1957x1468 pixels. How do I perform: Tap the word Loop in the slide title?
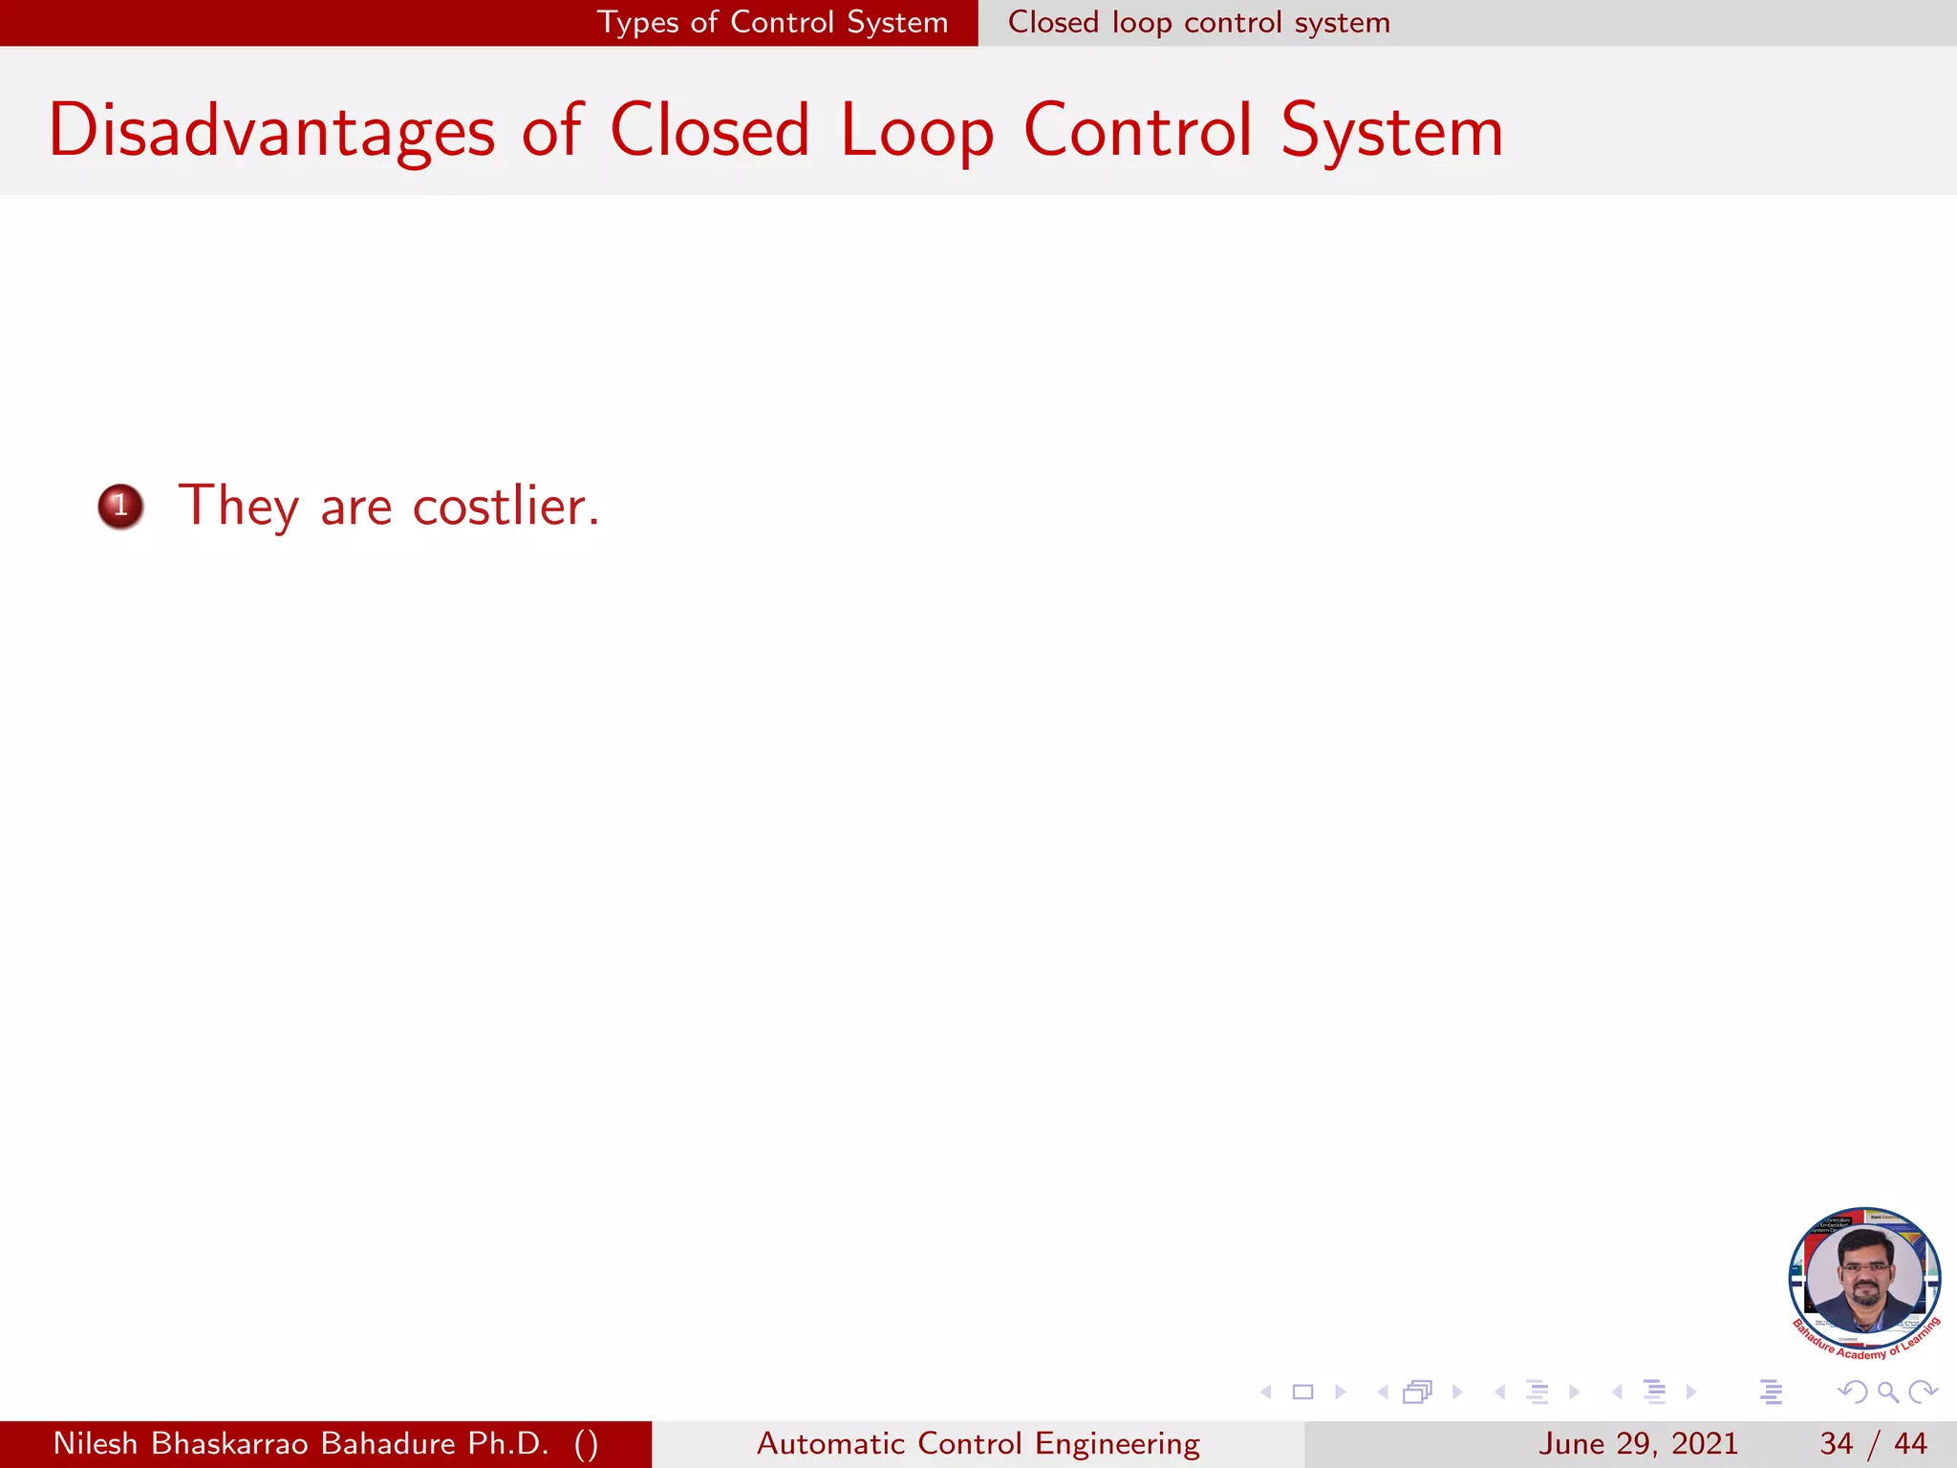[x=917, y=131]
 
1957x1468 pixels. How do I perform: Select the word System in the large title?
[x=1392, y=131]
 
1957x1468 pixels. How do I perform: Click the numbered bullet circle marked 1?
[x=120, y=506]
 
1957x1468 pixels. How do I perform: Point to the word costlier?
[x=505, y=506]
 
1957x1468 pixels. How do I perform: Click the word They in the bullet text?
[x=239, y=506]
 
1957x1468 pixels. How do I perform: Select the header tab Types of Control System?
[x=772, y=22]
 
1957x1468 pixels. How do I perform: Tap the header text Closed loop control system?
[x=1199, y=22]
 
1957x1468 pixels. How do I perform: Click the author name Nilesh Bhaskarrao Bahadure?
[x=254, y=1443]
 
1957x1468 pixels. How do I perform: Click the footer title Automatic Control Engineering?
[x=978, y=1443]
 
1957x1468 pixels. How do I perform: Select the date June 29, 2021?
[x=1638, y=1443]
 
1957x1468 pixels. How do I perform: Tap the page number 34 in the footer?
[x=1836, y=1443]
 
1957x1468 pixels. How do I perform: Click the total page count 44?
[x=1910, y=1443]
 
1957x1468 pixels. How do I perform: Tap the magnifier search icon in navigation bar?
[x=1887, y=1392]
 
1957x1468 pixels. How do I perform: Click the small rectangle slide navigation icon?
[x=1302, y=1392]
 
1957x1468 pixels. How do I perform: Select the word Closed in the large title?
[x=710, y=131]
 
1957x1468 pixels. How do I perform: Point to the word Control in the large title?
[x=1138, y=131]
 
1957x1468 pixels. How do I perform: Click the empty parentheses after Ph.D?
[x=587, y=1443]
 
